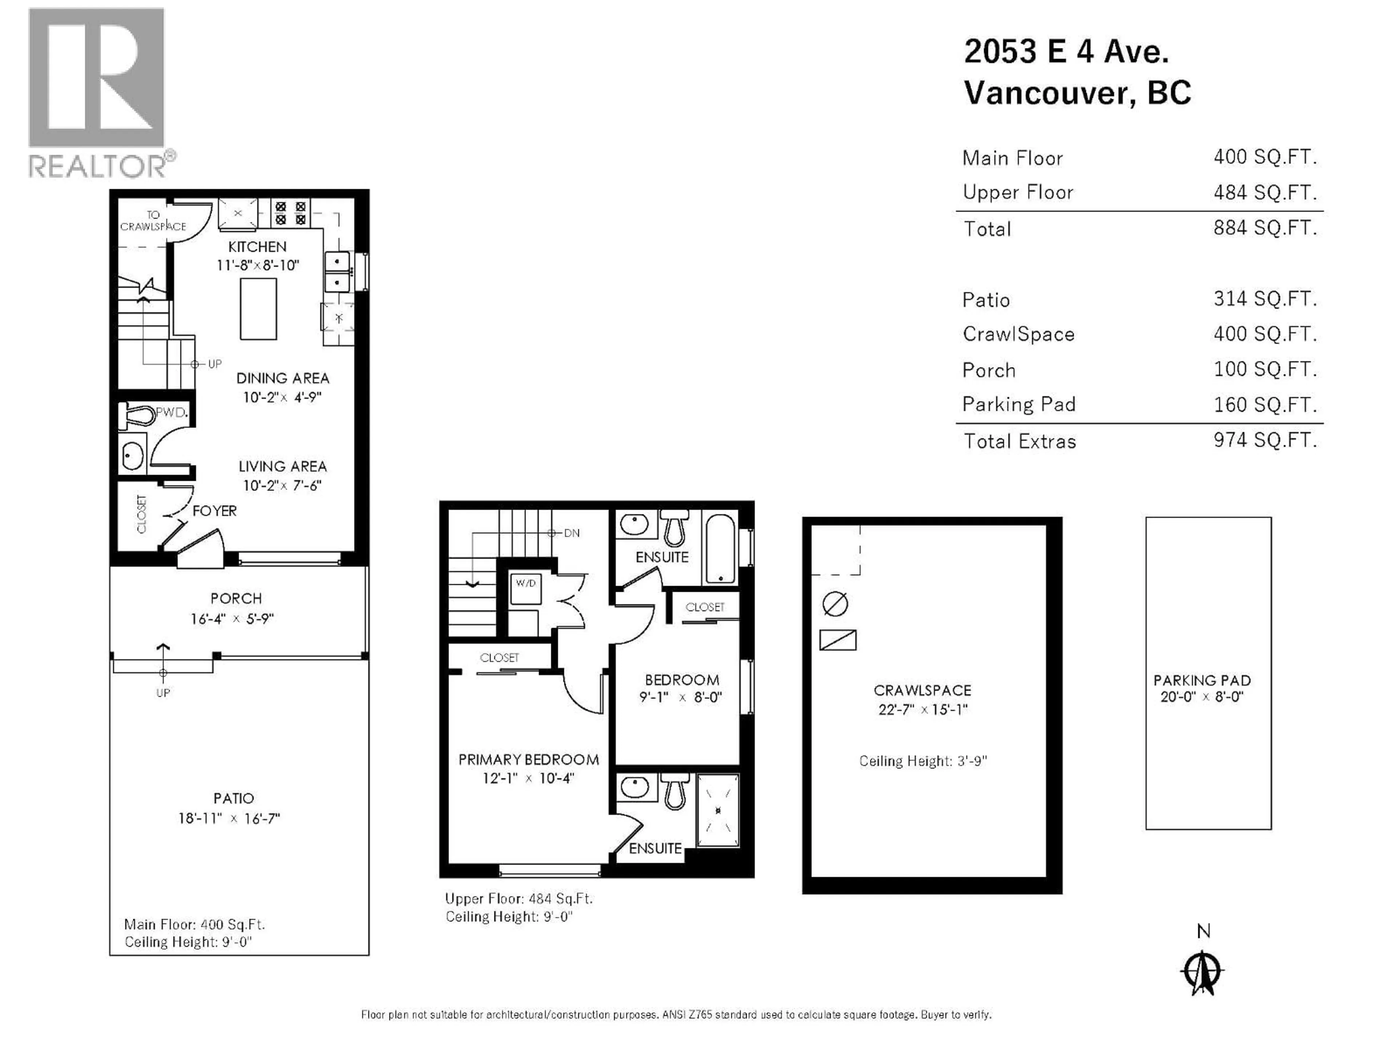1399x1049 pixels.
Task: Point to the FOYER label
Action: (x=214, y=511)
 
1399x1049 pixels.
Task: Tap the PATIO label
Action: (x=234, y=799)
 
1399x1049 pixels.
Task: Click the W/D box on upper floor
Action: (x=526, y=588)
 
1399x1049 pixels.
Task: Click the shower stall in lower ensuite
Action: (x=717, y=811)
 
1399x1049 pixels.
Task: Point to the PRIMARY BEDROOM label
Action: (x=528, y=759)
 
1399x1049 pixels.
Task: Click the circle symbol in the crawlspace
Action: (x=835, y=604)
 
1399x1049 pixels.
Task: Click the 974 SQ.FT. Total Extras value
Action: (x=1265, y=440)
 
